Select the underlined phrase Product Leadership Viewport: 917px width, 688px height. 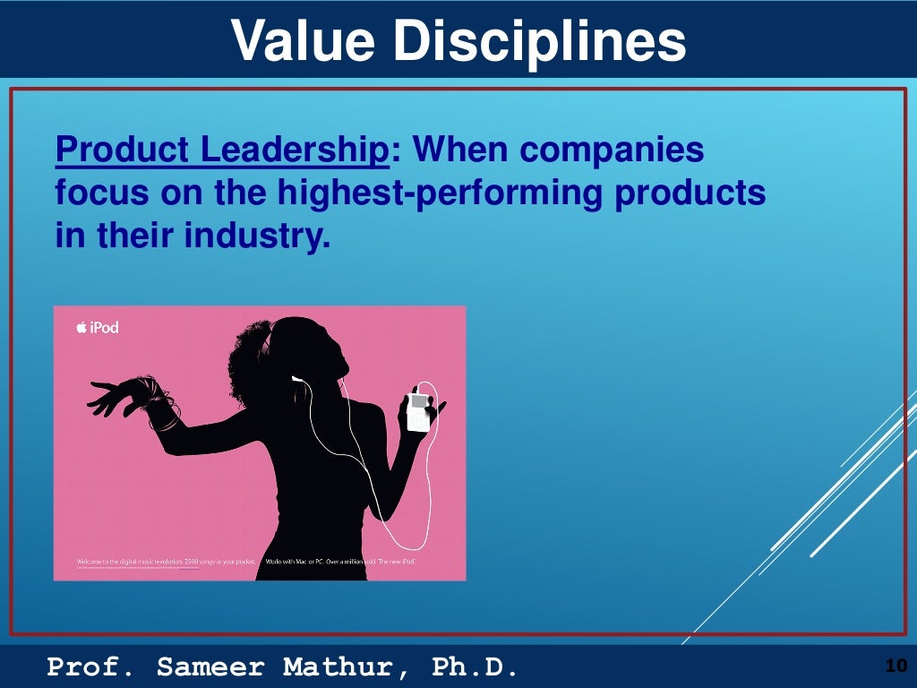[x=222, y=150]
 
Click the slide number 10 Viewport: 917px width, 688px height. [x=895, y=666]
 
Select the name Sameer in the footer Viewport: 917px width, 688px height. [x=210, y=666]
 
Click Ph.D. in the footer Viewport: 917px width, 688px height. [x=475, y=666]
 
